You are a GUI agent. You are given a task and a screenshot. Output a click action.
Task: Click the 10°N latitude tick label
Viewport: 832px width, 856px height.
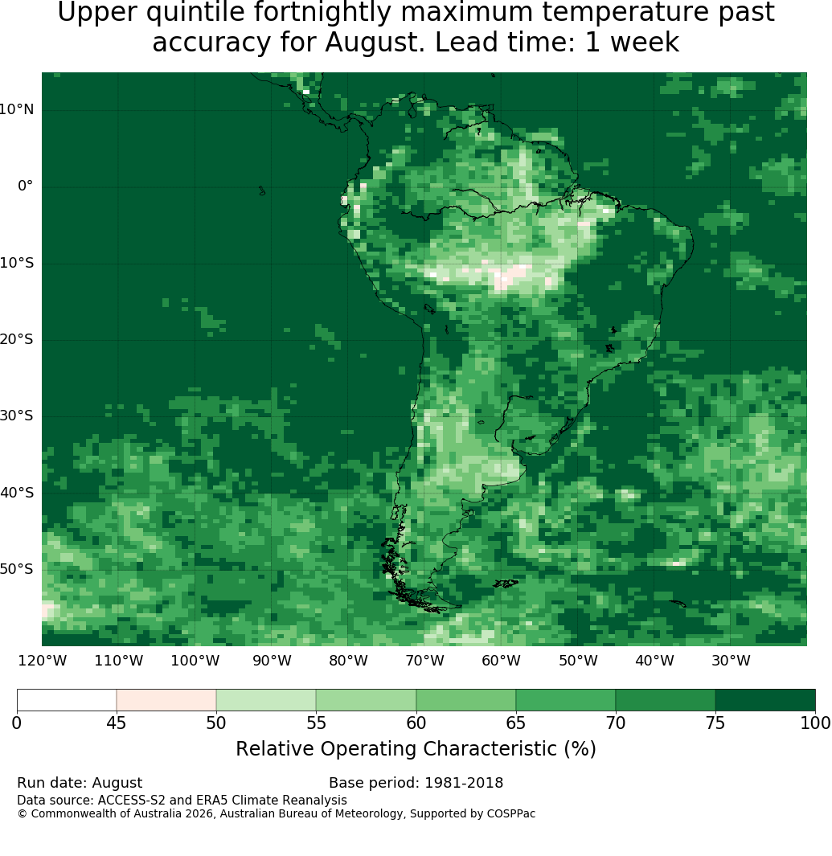click(16, 110)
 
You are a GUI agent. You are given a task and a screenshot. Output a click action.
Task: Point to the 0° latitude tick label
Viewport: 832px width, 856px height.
click(26, 186)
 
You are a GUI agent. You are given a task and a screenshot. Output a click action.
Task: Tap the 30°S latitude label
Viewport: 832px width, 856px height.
click(16, 416)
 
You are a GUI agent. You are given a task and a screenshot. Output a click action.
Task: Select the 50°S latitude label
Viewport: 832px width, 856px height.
click(16, 569)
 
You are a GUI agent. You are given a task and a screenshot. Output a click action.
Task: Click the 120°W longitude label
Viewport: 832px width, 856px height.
click(43, 661)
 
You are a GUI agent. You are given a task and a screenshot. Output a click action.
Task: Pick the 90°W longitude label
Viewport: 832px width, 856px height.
click(272, 661)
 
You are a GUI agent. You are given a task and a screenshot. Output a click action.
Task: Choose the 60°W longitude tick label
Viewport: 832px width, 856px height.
click(501, 661)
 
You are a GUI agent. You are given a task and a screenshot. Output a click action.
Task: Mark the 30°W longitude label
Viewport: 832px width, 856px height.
click(731, 661)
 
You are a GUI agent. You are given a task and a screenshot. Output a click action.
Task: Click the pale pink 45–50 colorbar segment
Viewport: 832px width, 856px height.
click(166, 700)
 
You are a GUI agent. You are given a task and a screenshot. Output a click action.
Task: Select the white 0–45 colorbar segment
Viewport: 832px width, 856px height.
click(67, 700)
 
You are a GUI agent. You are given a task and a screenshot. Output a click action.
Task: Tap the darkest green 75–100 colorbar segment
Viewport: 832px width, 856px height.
click(765, 700)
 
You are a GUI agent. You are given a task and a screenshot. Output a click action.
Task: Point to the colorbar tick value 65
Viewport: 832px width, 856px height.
click(515, 723)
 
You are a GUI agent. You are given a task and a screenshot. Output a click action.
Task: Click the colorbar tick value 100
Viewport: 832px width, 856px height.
click(815, 723)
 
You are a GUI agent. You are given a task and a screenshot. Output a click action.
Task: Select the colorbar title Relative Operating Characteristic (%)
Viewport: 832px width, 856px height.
click(416, 749)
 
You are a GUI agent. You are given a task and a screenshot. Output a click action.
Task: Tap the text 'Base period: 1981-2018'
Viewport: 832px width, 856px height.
click(416, 783)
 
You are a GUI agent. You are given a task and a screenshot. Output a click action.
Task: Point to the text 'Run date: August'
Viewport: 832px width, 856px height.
click(80, 783)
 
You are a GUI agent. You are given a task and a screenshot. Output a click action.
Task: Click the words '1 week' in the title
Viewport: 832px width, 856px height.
click(632, 43)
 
